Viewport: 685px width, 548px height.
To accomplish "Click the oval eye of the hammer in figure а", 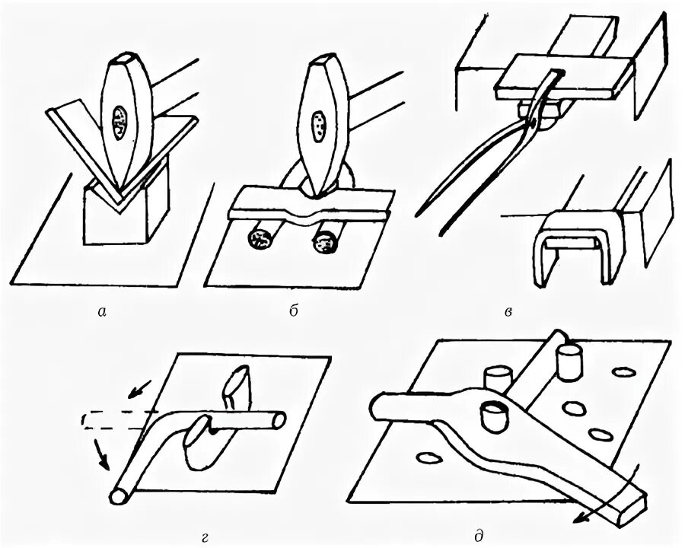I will pyautogui.click(x=120, y=122).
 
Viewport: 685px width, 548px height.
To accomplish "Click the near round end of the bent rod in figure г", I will pyautogui.click(x=119, y=495).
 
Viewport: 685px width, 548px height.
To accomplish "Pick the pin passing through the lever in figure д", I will pyautogui.click(x=491, y=416).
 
